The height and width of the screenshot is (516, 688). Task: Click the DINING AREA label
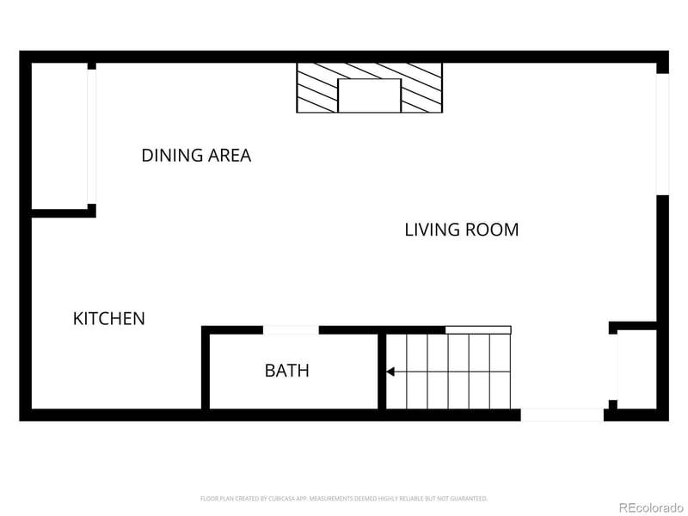pyautogui.click(x=196, y=156)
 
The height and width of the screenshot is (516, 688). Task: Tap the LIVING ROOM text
pyautogui.click(x=461, y=230)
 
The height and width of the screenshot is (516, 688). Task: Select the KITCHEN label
pyautogui.click(x=108, y=319)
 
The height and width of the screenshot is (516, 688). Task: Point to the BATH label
pyautogui.click(x=286, y=372)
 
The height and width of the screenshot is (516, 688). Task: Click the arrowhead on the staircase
pyautogui.click(x=390, y=372)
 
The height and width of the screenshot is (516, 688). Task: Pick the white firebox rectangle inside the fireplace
pyautogui.click(x=369, y=95)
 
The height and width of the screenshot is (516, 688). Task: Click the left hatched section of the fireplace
pyautogui.click(x=316, y=88)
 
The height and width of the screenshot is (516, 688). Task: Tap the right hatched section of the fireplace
pyautogui.click(x=422, y=88)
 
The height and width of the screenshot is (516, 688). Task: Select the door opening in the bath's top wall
pyautogui.click(x=291, y=330)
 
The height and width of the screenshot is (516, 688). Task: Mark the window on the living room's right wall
pyautogui.click(x=662, y=133)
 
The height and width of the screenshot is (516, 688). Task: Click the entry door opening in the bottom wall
pyautogui.click(x=562, y=415)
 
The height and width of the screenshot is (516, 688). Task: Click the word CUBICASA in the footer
pyautogui.click(x=295, y=498)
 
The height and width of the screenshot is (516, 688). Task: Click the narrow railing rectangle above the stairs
pyautogui.click(x=478, y=330)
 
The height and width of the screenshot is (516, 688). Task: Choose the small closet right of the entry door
pyautogui.click(x=637, y=370)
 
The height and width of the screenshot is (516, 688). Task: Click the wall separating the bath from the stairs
pyautogui.click(x=380, y=372)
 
